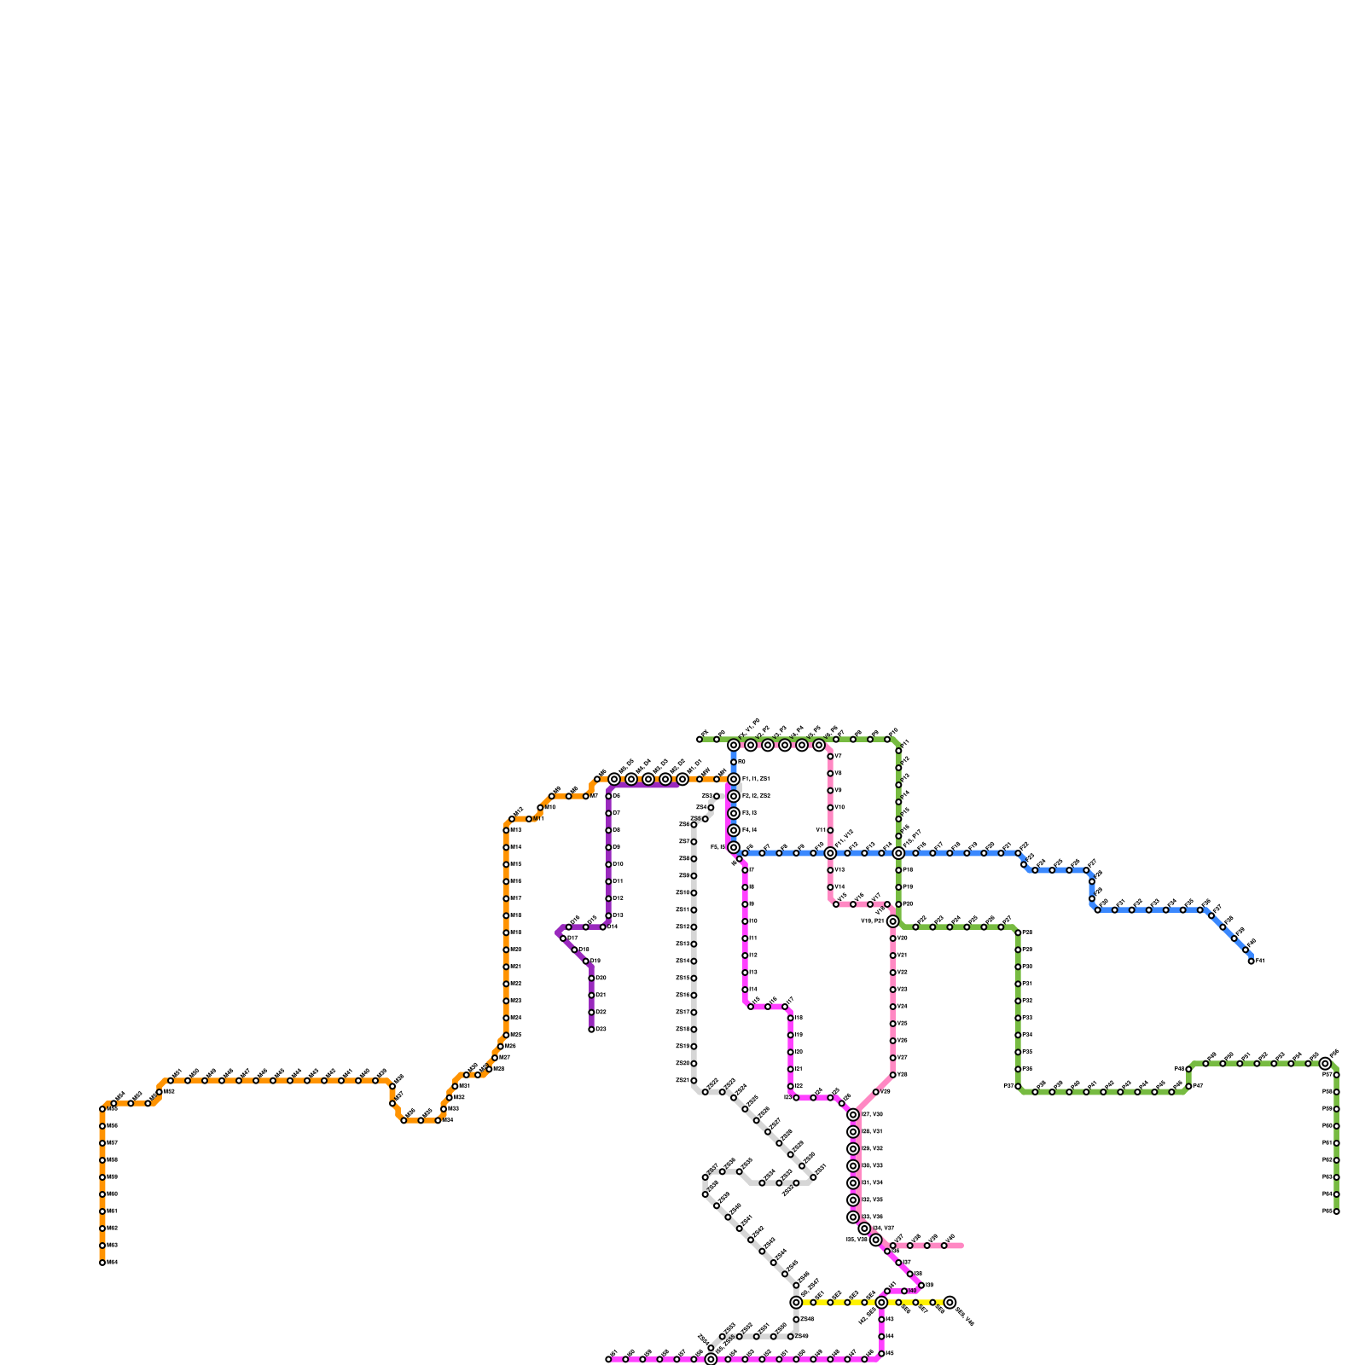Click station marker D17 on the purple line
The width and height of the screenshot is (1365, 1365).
tap(563, 938)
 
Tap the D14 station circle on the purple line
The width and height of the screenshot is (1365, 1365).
tap(603, 926)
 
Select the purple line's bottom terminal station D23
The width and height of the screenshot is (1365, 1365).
tap(591, 1029)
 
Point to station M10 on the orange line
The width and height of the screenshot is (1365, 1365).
tap(540, 807)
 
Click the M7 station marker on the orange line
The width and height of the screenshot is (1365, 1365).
tap(586, 796)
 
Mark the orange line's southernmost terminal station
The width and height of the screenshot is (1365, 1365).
tap(102, 1263)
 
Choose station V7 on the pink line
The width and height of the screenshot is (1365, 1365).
tap(830, 756)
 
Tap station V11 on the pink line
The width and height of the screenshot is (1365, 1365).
tap(830, 830)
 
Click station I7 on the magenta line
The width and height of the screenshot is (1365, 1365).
tap(745, 870)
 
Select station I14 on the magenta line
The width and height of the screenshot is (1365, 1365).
tap(745, 990)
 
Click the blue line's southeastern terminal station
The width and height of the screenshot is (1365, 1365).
tap(1252, 961)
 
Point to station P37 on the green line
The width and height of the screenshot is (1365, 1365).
tap(1018, 1086)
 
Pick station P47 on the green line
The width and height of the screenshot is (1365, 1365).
tap(1188, 1086)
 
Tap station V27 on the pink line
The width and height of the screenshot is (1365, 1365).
tap(893, 1058)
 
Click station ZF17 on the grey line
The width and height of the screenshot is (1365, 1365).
tap(694, 1012)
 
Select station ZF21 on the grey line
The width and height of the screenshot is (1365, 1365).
tap(694, 1080)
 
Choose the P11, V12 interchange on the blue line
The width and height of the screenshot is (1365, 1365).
tap(830, 853)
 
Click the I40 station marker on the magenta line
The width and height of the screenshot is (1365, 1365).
tap(904, 1291)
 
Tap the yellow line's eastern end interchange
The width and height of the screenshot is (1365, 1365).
tap(950, 1303)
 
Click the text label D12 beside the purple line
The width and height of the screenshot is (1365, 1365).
tap(618, 898)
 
